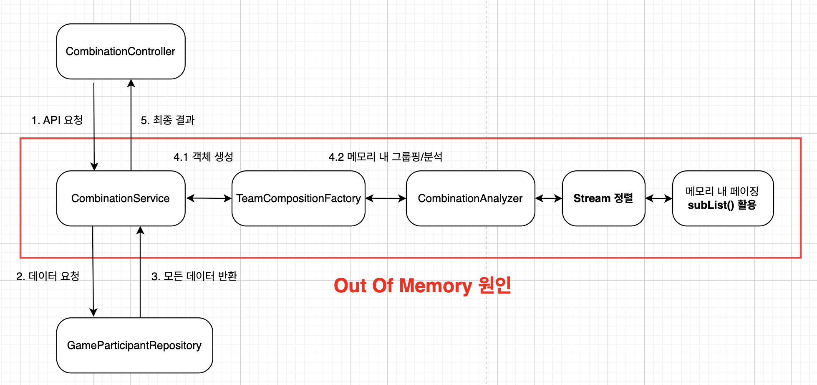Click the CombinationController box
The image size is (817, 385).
pos(121,51)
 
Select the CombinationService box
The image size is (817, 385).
pos(121,198)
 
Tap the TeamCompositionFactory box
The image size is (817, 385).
pos(298,198)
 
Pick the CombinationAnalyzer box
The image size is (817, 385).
pos(470,198)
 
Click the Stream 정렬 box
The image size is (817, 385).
pos(603,198)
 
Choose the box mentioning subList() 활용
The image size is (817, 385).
pos(723,198)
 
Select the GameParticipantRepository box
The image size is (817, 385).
pos(134,345)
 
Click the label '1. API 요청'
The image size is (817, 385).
pos(57,120)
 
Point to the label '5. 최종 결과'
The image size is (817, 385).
pos(168,120)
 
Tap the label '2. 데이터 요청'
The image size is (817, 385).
pos(48,276)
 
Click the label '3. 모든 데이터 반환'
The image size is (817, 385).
pos(194,276)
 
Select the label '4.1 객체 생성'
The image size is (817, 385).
pos(203,157)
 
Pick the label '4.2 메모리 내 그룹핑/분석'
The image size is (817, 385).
pos(386,157)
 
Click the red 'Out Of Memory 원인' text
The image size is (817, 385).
pos(422,286)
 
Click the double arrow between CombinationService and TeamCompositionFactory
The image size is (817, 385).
pos(209,198)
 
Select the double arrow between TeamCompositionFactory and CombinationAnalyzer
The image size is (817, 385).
pos(386,198)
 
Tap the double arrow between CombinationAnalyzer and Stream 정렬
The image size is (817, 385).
pos(548,198)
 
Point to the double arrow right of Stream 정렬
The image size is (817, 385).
pos(658,198)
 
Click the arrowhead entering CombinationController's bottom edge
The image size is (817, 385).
pos(131,83)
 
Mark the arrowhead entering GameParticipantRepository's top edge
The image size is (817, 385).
pos(93,313)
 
